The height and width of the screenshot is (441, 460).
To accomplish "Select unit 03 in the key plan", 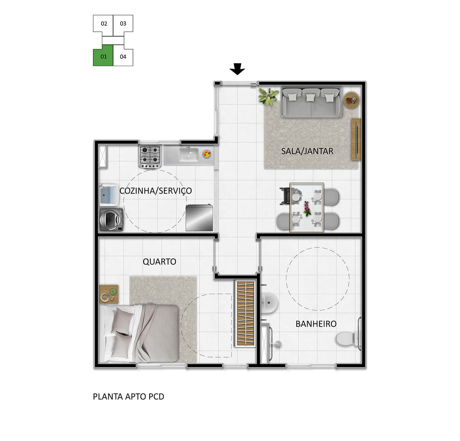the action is tap(123, 24).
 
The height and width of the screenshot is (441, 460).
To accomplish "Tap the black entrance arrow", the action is tap(237, 69).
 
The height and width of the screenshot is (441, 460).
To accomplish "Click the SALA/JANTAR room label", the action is tap(307, 151).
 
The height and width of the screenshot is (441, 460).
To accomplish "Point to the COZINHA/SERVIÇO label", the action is tap(155, 191).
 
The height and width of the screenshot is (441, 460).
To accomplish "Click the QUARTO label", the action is tap(159, 262).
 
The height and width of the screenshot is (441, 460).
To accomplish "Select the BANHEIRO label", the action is tap(316, 324).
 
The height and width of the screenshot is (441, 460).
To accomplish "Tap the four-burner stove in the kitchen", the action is tap(150, 156).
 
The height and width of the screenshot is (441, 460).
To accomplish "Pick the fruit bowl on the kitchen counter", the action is tap(206, 154).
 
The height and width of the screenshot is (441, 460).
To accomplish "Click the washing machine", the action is tap(111, 220).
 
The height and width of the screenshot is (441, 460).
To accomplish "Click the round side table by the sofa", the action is tap(351, 100).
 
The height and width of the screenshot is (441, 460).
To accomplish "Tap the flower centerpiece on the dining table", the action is tap(307, 209).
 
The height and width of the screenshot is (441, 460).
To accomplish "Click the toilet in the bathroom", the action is tap(348, 338).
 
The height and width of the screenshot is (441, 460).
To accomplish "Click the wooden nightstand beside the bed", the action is tap(109, 294).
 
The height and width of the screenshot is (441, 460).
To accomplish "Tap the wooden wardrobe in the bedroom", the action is tap(245, 313).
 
